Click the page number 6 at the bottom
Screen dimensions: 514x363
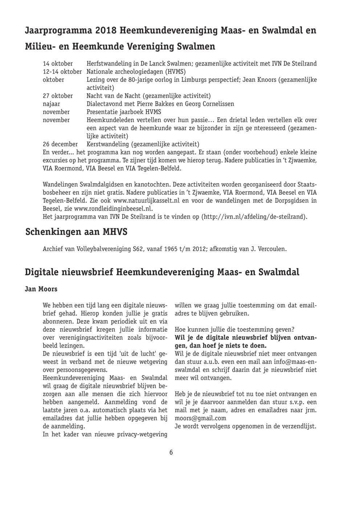pyautogui.click(x=171, y=452)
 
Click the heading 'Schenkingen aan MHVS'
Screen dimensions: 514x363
pyautogui.click(x=76, y=232)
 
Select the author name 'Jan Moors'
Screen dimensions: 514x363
pyautogui.click(x=41, y=290)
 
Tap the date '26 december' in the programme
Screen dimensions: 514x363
pyautogui.click(x=60, y=144)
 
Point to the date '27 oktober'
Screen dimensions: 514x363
pyautogui.click(x=58, y=96)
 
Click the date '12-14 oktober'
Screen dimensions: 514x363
pyautogui.click(x=62, y=72)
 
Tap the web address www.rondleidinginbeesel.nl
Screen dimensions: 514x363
pyautogui.click(x=113, y=209)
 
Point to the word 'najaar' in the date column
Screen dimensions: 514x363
pyautogui.click(x=52, y=104)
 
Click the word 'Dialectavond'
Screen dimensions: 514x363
pyautogui.click(x=104, y=104)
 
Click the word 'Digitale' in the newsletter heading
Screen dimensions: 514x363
pyautogui.click(x=44, y=272)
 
